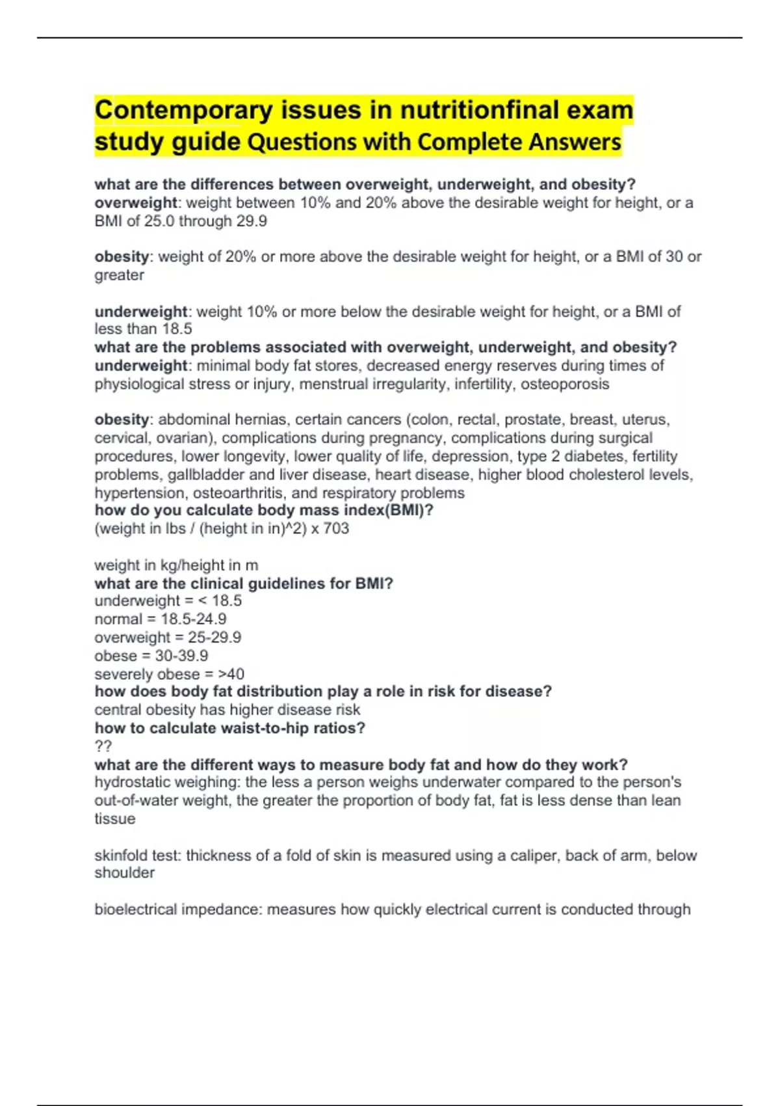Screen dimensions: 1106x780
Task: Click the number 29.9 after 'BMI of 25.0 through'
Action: (252, 221)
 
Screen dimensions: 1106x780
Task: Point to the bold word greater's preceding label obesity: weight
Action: (122, 257)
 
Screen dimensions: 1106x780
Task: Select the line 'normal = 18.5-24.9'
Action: (160, 619)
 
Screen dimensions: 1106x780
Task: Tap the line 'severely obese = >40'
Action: (169, 674)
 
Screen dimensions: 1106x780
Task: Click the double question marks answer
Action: (103, 746)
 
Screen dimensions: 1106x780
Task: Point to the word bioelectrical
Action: (135, 910)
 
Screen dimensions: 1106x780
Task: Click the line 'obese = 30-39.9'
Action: (151, 656)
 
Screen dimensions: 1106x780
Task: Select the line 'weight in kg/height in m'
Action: (176, 565)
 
